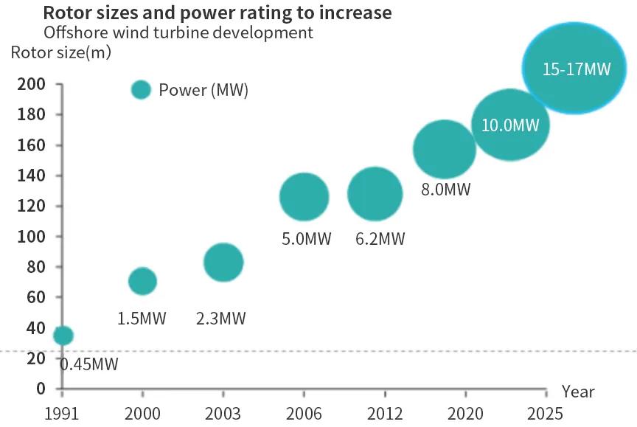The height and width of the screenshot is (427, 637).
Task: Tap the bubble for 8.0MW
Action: click(445, 149)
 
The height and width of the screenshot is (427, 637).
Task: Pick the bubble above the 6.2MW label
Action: click(375, 194)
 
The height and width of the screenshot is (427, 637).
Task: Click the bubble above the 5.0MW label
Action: click(304, 197)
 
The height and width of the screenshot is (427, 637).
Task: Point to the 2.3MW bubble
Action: click(223, 262)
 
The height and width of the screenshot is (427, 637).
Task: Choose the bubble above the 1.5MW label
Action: click(142, 281)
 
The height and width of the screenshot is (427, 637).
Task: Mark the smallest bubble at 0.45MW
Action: click(63, 336)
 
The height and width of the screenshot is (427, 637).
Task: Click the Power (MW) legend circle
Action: click(141, 90)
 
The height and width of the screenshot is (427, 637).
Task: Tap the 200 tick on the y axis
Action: click(29, 85)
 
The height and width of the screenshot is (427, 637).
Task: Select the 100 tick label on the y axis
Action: click(29, 237)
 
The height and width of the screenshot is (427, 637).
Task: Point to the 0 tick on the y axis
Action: click(41, 389)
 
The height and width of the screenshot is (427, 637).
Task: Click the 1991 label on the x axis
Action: click(62, 412)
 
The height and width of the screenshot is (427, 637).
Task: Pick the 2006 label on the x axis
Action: click(303, 412)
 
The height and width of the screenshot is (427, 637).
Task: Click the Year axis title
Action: click(577, 392)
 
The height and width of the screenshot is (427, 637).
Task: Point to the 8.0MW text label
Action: click(445, 190)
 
